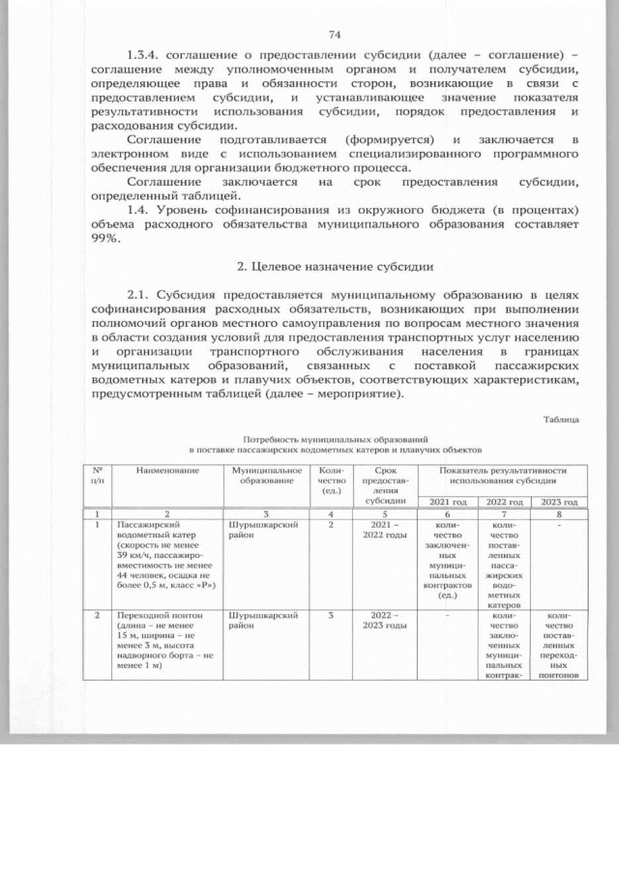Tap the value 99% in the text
(x=105, y=241)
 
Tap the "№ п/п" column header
(x=97, y=475)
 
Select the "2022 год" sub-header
(x=504, y=503)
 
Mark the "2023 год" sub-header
(x=559, y=503)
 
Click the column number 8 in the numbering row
(x=559, y=514)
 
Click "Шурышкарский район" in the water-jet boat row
(x=254, y=531)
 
